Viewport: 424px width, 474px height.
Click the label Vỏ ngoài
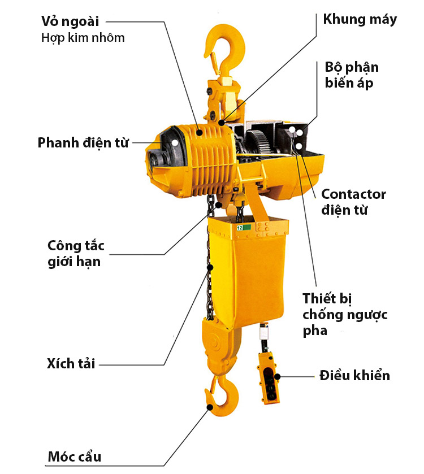tap(70, 21)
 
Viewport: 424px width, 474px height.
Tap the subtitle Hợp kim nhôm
tap(83, 38)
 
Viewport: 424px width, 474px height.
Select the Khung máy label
tap(360, 19)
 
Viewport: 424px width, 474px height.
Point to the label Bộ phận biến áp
tap(352, 75)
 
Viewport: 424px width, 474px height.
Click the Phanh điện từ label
tap(83, 143)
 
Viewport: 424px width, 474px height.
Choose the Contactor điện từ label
tap(353, 202)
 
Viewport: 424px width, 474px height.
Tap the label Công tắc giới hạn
tap(76, 254)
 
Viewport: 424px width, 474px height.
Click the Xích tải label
tap(71, 364)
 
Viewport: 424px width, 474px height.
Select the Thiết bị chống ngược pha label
tap(345, 314)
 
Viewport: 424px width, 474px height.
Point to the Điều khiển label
tap(354, 376)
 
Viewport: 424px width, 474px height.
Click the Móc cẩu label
tap(75, 457)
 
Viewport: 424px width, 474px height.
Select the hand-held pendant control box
tap(269, 378)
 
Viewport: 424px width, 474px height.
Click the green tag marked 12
tap(244, 228)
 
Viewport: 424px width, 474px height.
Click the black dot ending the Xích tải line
tap(210, 267)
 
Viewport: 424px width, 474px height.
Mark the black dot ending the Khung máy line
tap(222, 123)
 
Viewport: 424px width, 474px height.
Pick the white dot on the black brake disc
tap(175, 142)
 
